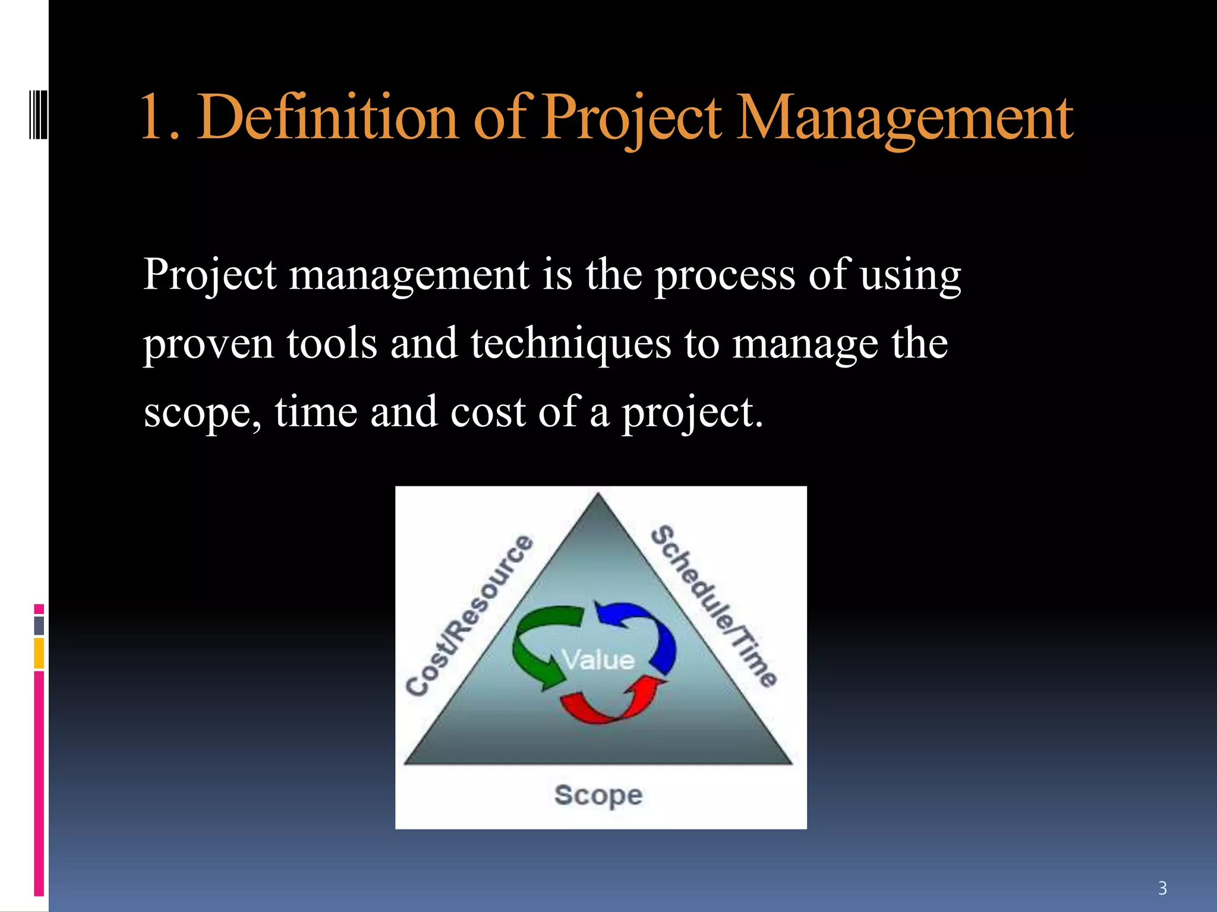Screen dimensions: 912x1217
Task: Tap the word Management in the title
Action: (903, 119)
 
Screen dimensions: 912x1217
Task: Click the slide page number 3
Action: (1162, 888)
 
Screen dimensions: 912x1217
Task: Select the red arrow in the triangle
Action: (612, 704)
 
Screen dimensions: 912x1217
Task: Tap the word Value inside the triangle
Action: (598, 660)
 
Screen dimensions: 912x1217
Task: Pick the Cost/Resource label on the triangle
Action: (469, 615)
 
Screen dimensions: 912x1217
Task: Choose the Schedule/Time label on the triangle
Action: (713, 606)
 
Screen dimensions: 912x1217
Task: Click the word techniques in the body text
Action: (570, 344)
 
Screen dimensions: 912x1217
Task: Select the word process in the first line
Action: (725, 276)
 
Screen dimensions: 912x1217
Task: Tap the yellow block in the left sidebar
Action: (39, 653)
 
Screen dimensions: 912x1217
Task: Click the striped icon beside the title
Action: (38, 113)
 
